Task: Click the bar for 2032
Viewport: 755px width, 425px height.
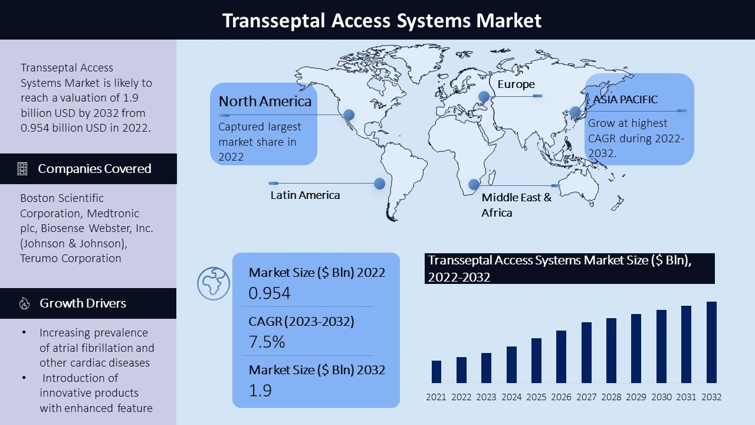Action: click(711, 342)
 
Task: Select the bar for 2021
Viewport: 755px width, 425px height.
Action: click(436, 372)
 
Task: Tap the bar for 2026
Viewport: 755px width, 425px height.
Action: click(561, 357)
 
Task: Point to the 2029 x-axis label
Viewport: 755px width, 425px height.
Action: click(636, 397)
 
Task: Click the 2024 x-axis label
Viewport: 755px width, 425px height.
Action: click(511, 397)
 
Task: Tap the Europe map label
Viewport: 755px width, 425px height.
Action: click(516, 84)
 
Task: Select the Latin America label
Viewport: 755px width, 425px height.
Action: click(305, 195)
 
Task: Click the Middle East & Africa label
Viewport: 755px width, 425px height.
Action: click(516, 205)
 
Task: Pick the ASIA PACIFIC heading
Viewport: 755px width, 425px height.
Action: click(625, 100)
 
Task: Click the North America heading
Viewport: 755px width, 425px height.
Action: click(265, 101)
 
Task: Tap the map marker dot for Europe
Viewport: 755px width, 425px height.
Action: click(484, 96)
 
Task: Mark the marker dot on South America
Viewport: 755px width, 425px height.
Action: click(379, 184)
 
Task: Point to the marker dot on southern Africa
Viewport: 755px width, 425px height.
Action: click(474, 184)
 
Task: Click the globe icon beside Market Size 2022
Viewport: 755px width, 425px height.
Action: click(214, 284)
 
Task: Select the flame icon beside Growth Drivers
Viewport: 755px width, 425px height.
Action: click(24, 303)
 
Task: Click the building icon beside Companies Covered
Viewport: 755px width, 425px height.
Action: click(22, 169)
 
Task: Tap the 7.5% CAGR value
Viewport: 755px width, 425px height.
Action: click(267, 341)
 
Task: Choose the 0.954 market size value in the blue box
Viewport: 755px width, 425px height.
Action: click(270, 293)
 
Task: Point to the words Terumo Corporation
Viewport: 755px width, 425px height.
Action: click(70, 259)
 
